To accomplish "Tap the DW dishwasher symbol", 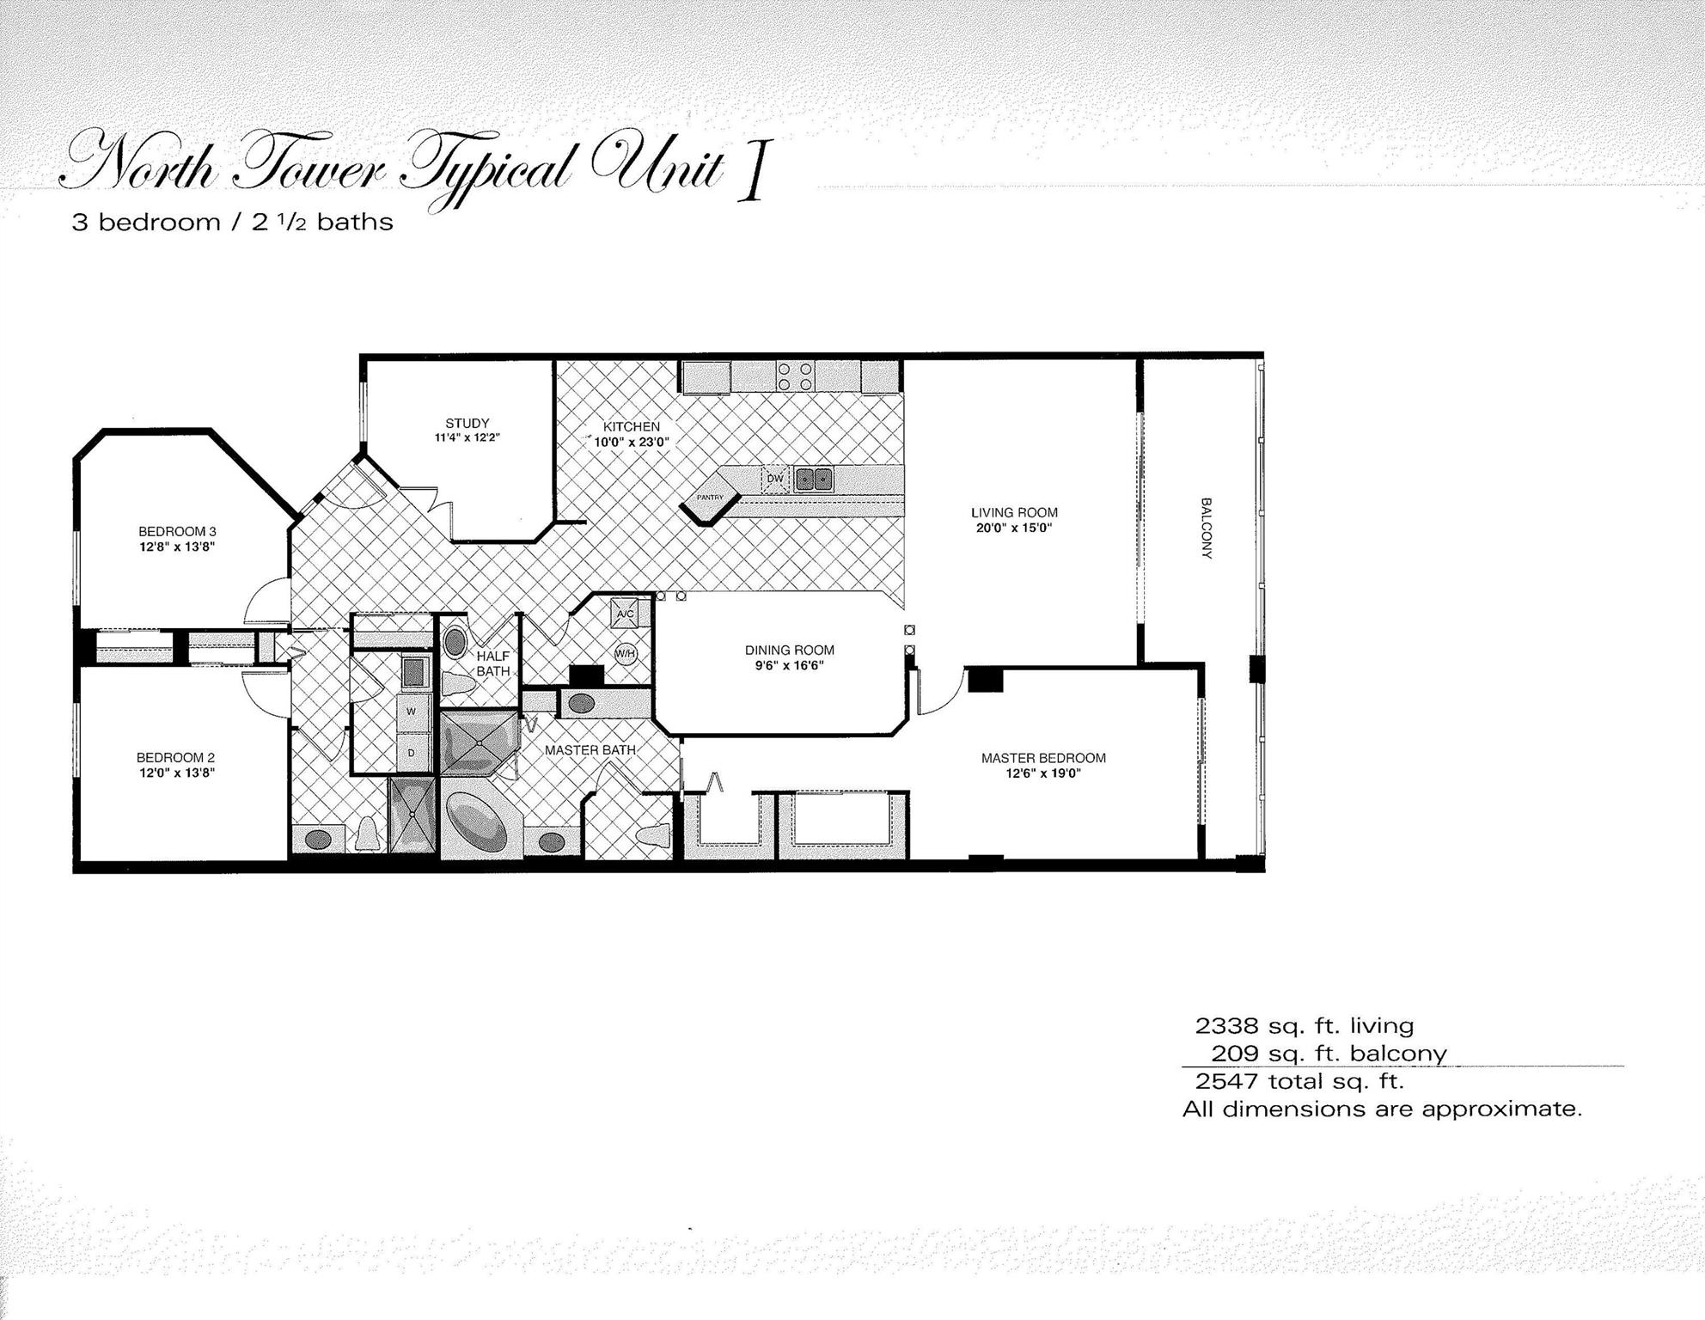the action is pos(775,480).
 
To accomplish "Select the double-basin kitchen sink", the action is pos(813,479).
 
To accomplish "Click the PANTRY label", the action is pos(710,497).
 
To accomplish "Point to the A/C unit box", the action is pos(625,614).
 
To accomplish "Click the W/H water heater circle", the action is pos(626,654).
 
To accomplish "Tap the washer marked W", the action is pos(412,712).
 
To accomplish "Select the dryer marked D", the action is pos(412,753).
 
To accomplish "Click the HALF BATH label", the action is pos(493,663).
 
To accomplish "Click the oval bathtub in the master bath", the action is pos(478,822).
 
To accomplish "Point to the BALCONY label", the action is pos(1207,528).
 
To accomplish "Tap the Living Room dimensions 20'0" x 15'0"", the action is pos(1014,528).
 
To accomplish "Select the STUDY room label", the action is pos(467,423).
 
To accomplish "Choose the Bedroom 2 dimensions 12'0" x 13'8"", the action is pos(175,773).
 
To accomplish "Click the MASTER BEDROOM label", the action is pos(1043,758).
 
